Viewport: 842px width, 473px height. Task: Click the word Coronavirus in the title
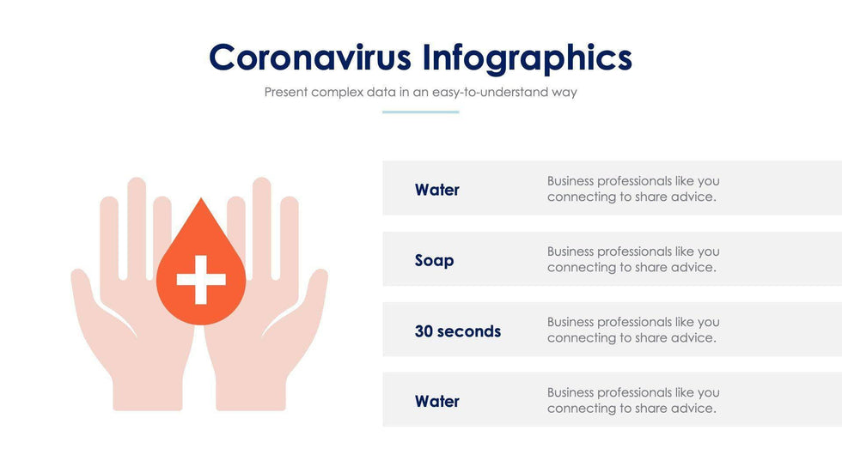(310, 58)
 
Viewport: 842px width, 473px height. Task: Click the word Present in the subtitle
(285, 92)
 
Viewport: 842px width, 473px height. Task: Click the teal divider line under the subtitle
(420, 112)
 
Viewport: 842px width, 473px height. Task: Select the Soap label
(434, 260)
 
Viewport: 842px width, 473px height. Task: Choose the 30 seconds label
(457, 330)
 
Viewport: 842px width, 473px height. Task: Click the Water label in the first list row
(436, 190)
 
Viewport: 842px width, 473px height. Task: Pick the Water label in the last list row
(436, 401)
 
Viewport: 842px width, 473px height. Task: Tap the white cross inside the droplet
(201, 279)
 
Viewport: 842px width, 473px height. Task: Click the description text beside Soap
(632, 259)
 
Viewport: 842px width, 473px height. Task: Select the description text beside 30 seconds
(632, 330)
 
